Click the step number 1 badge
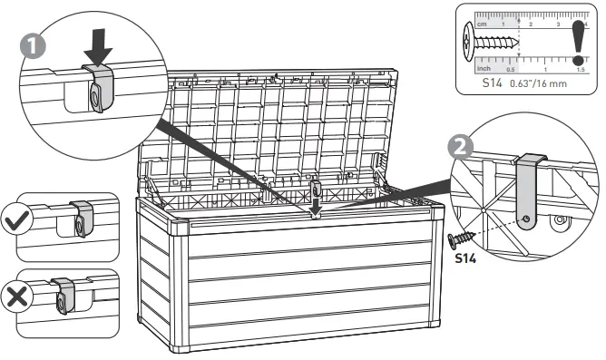click(x=30, y=43)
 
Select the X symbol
click(x=15, y=296)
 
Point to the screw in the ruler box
click(x=490, y=40)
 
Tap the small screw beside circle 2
click(x=462, y=238)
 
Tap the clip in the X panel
click(x=63, y=295)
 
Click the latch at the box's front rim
click(x=317, y=192)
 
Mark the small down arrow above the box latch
click(x=317, y=210)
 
